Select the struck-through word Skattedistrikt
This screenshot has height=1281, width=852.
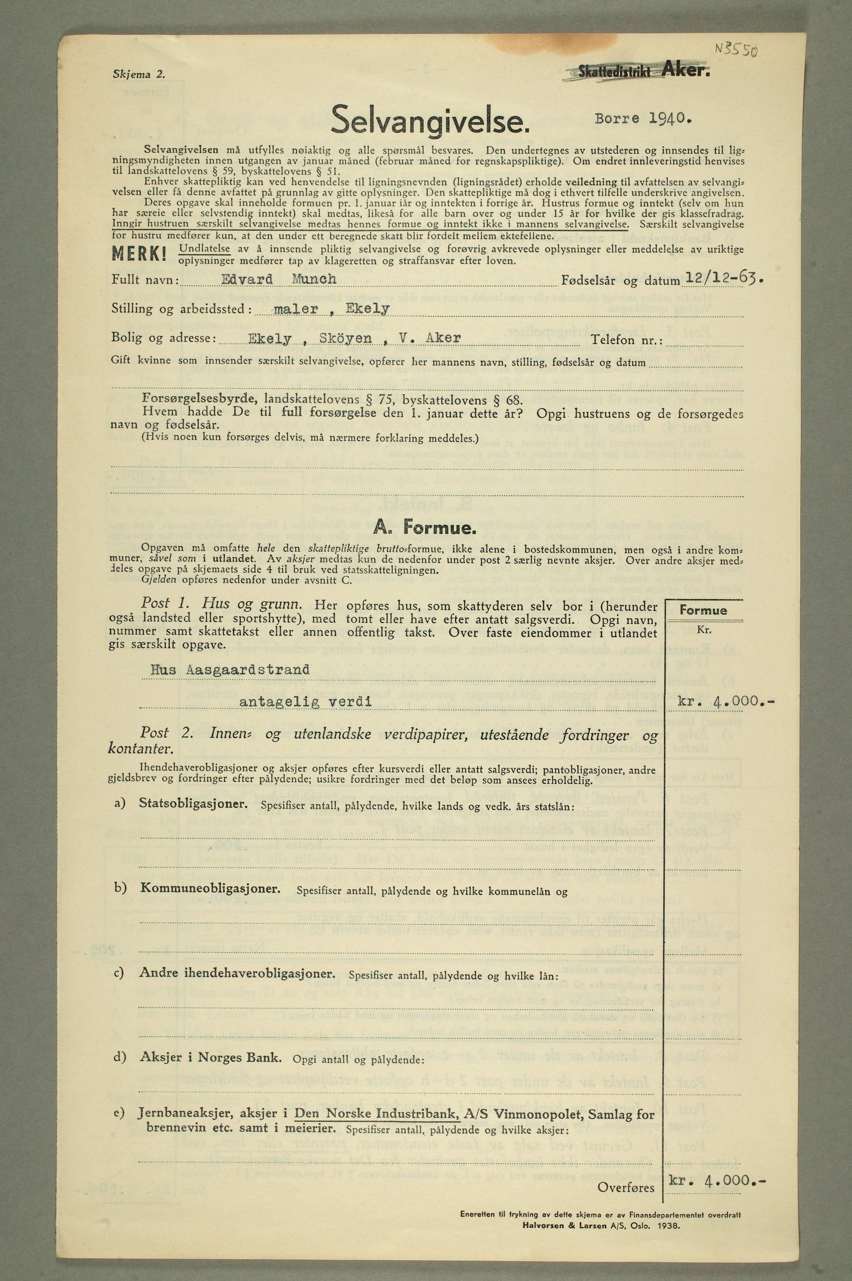point(614,71)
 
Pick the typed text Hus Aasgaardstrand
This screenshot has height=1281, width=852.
point(229,669)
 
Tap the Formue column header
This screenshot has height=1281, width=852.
point(703,610)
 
